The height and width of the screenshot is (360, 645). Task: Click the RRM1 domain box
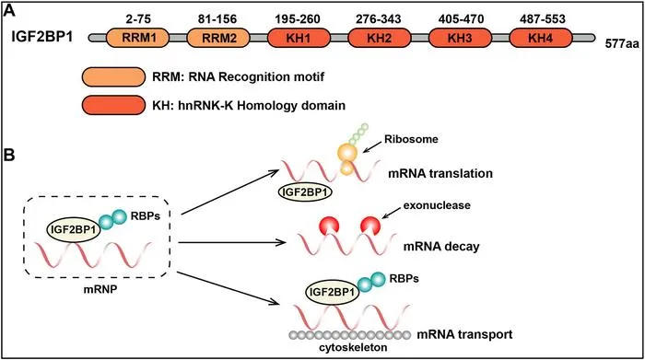(x=138, y=39)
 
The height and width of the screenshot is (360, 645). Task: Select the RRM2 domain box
(x=219, y=39)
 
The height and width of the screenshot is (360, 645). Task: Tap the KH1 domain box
(x=299, y=39)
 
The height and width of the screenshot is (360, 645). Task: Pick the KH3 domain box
(x=461, y=39)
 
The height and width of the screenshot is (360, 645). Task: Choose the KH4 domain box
(x=541, y=39)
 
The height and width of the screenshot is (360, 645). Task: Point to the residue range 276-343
(x=379, y=19)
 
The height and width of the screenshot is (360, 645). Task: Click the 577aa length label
(x=622, y=43)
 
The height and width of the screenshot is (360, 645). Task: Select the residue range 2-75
(x=139, y=19)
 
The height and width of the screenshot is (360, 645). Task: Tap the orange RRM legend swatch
(x=113, y=76)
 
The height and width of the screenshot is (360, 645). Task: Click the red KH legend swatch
(x=113, y=105)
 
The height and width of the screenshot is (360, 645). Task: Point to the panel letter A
(x=9, y=11)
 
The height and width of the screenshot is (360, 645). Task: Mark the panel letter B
(x=9, y=156)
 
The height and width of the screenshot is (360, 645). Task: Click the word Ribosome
(x=411, y=139)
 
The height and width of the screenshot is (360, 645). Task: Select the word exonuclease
(x=437, y=205)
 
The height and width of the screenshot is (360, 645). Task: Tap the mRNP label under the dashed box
(x=100, y=289)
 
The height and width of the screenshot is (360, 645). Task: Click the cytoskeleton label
(x=353, y=348)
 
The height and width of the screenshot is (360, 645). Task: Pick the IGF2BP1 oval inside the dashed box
(x=74, y=229)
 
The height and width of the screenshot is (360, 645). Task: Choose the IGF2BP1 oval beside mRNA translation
(x=305, y=192)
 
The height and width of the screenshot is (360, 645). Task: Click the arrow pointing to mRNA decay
(x=232, y=242)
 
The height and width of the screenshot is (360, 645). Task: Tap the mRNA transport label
(x=464, y=334)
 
